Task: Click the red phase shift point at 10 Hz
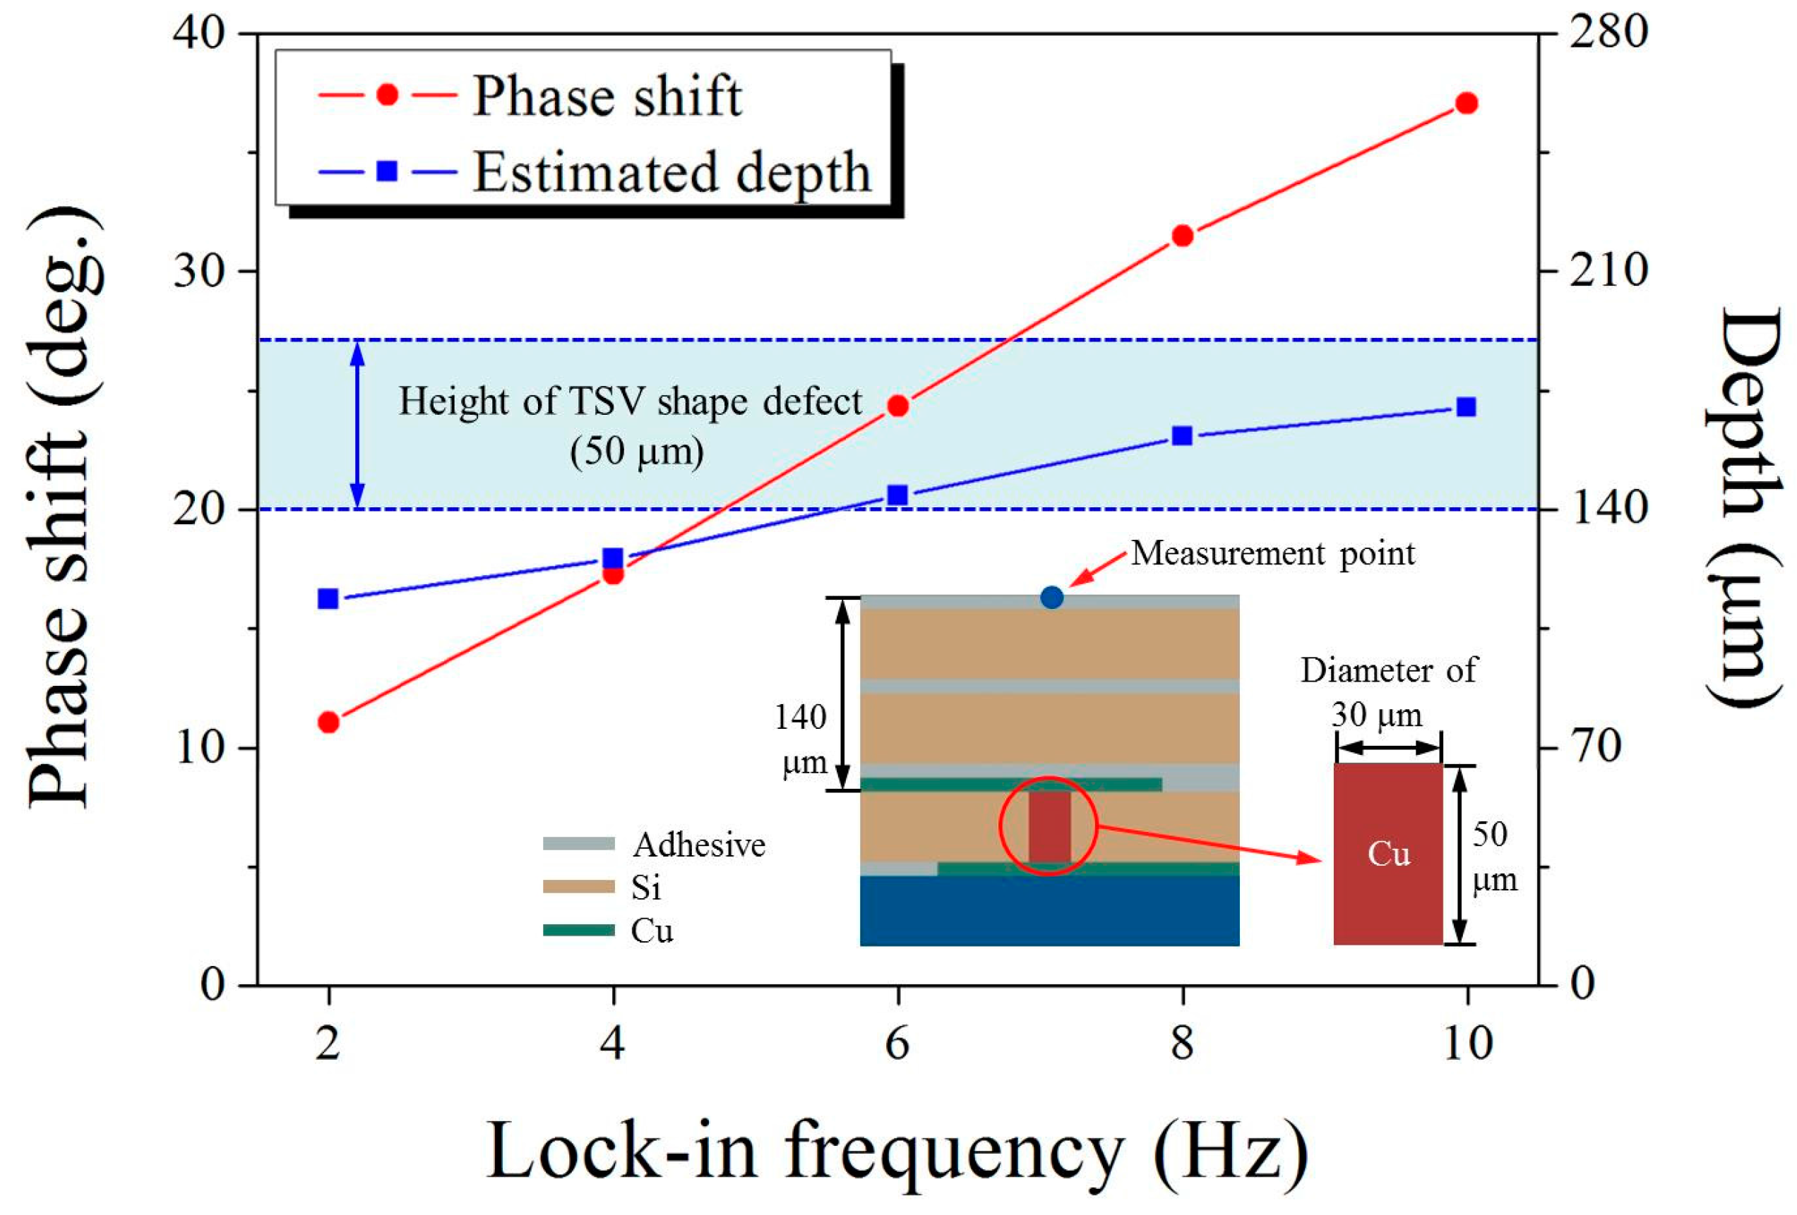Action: tap(1466, 104)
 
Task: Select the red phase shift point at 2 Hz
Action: tap(328, 722)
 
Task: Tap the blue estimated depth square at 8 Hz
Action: tap(1181, 436)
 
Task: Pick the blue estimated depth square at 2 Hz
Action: tap(328, 598)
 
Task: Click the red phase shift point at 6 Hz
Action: tap(897, 406)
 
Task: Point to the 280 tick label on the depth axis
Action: tap(1608, 35)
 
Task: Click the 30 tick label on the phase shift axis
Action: tap(203, 271)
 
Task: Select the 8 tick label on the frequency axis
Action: tap(1181, 1044)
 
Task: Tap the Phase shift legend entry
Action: tap(607, 97)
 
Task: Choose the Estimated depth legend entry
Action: tap(671, 172)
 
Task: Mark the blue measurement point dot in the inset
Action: tap(1051, 597)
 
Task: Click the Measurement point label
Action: tap(1273, 553)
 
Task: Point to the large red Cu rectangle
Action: tap(1388, 853)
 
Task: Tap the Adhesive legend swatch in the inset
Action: tap(578, 844)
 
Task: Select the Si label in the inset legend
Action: tap(645, 888)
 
